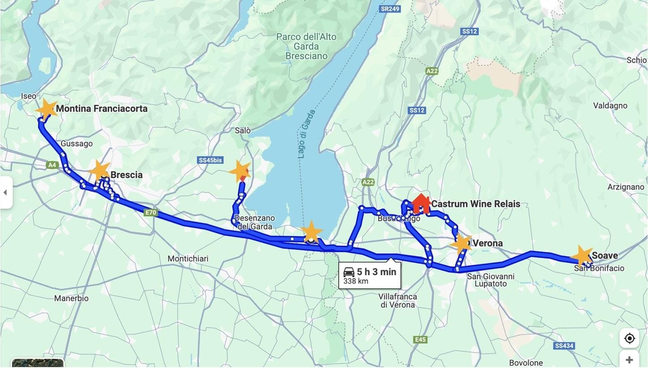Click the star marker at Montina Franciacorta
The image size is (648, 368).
46,109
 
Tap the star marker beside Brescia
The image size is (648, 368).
99,171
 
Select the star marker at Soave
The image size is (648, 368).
582,256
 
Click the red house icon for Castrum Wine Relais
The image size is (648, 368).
421,204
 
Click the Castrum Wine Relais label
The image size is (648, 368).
476,204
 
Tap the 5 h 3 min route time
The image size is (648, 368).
376,271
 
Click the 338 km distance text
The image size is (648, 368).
356,282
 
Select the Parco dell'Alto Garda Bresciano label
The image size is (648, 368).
307,47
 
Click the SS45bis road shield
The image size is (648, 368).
210,160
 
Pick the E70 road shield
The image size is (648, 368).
151,213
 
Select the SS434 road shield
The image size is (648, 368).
564,346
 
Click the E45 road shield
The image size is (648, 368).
420,340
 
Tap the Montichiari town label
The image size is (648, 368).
188,259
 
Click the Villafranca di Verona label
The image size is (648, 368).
398,300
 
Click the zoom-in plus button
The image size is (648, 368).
629,359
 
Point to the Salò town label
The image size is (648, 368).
243,130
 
